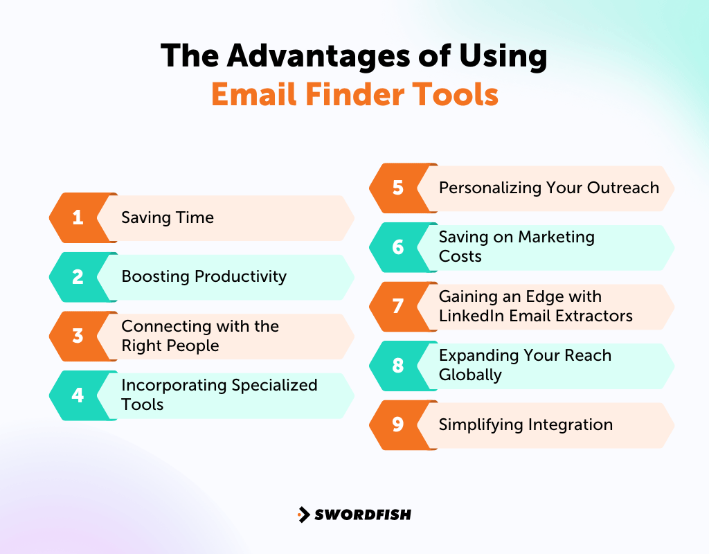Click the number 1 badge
78,217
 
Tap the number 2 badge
78,277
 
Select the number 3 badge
78,336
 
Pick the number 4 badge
78,395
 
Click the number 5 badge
398,188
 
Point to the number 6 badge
398,247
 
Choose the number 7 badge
398,306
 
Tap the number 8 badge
398,366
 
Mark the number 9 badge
398,425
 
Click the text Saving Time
168,217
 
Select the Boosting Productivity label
204,277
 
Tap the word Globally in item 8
470,375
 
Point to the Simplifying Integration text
526,425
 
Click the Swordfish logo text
363,515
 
